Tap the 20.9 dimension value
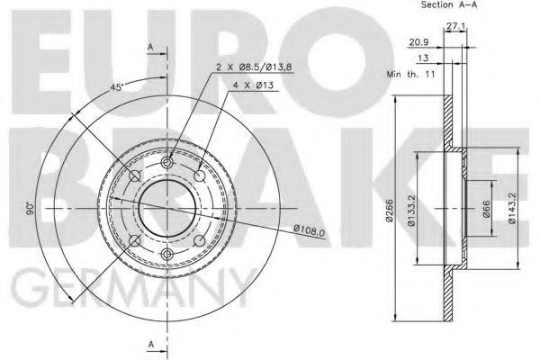[416, 43]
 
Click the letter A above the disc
[150, 46]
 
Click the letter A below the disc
[150, 344]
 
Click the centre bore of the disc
[166, 209]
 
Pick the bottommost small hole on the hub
[166, 257]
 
